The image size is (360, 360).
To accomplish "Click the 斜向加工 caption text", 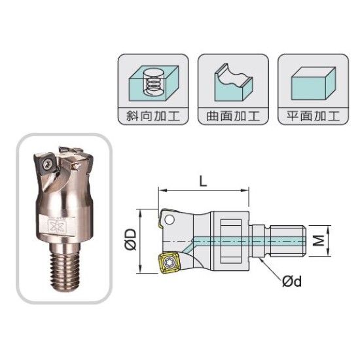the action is [x=153, y=116].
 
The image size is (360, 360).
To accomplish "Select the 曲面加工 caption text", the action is [x=233, y=116].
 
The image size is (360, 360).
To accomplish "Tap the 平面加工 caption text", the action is [x=313, y=116].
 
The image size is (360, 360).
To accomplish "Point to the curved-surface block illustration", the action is [x=234, y=82].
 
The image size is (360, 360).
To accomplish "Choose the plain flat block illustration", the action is [x=314, y=84].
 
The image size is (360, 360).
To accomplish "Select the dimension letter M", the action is [x=319, y=241].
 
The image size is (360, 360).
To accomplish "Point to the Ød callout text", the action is [x=292, y=281].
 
